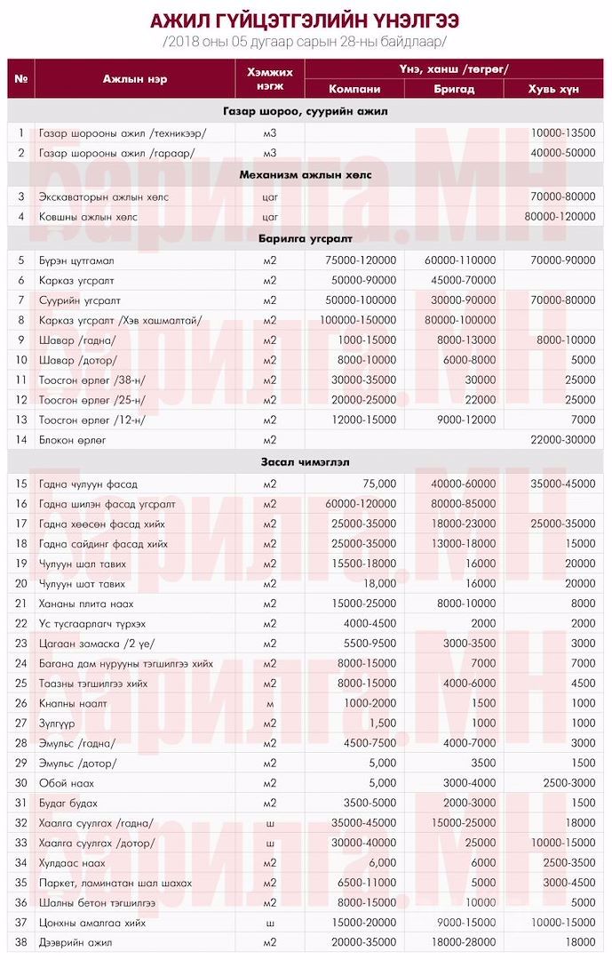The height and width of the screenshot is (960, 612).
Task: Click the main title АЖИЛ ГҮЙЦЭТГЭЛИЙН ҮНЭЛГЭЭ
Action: click(306, 20)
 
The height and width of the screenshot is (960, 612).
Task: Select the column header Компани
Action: click(354, 88)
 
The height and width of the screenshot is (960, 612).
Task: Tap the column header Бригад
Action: click(453, 88)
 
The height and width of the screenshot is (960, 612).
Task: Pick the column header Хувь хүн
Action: click(553, 88)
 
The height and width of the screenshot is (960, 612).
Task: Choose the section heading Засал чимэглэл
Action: click(306, 462)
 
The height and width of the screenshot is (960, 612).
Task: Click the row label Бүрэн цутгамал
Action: click(76, 260)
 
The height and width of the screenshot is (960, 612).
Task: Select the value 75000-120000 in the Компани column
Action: click(354, 260)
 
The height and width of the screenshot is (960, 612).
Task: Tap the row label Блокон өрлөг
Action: click(72, 440)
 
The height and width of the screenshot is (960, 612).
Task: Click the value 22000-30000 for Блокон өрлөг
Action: click(561, 440)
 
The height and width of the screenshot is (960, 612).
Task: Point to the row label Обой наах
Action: click(67, 783)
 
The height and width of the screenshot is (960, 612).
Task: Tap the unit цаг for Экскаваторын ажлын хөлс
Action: click(270, 196)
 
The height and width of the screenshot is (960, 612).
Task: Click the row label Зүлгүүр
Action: click(59, 723)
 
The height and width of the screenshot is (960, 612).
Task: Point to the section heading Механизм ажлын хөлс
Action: click(306, 175)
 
